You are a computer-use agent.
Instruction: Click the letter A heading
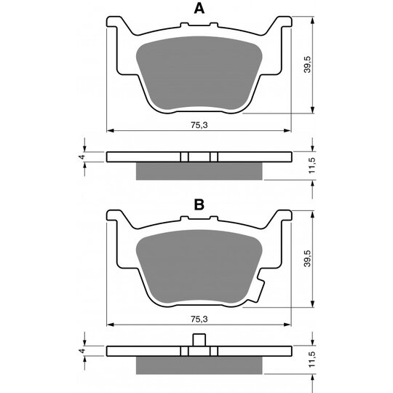point(199,9)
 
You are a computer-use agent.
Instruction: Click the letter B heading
point(199,205)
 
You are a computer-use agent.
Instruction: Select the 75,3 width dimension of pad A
point(199,125)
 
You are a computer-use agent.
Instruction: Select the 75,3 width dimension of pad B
point(199,319)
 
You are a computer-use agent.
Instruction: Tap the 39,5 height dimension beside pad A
point(307,65)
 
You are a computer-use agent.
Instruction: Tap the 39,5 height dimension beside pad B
point(307,258)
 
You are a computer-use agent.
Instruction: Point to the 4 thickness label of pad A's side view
point(82,157)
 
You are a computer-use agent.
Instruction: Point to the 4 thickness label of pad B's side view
point(82,351)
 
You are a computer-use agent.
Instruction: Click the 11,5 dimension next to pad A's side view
point(311,165)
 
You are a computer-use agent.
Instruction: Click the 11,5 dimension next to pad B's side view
point(311,360)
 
